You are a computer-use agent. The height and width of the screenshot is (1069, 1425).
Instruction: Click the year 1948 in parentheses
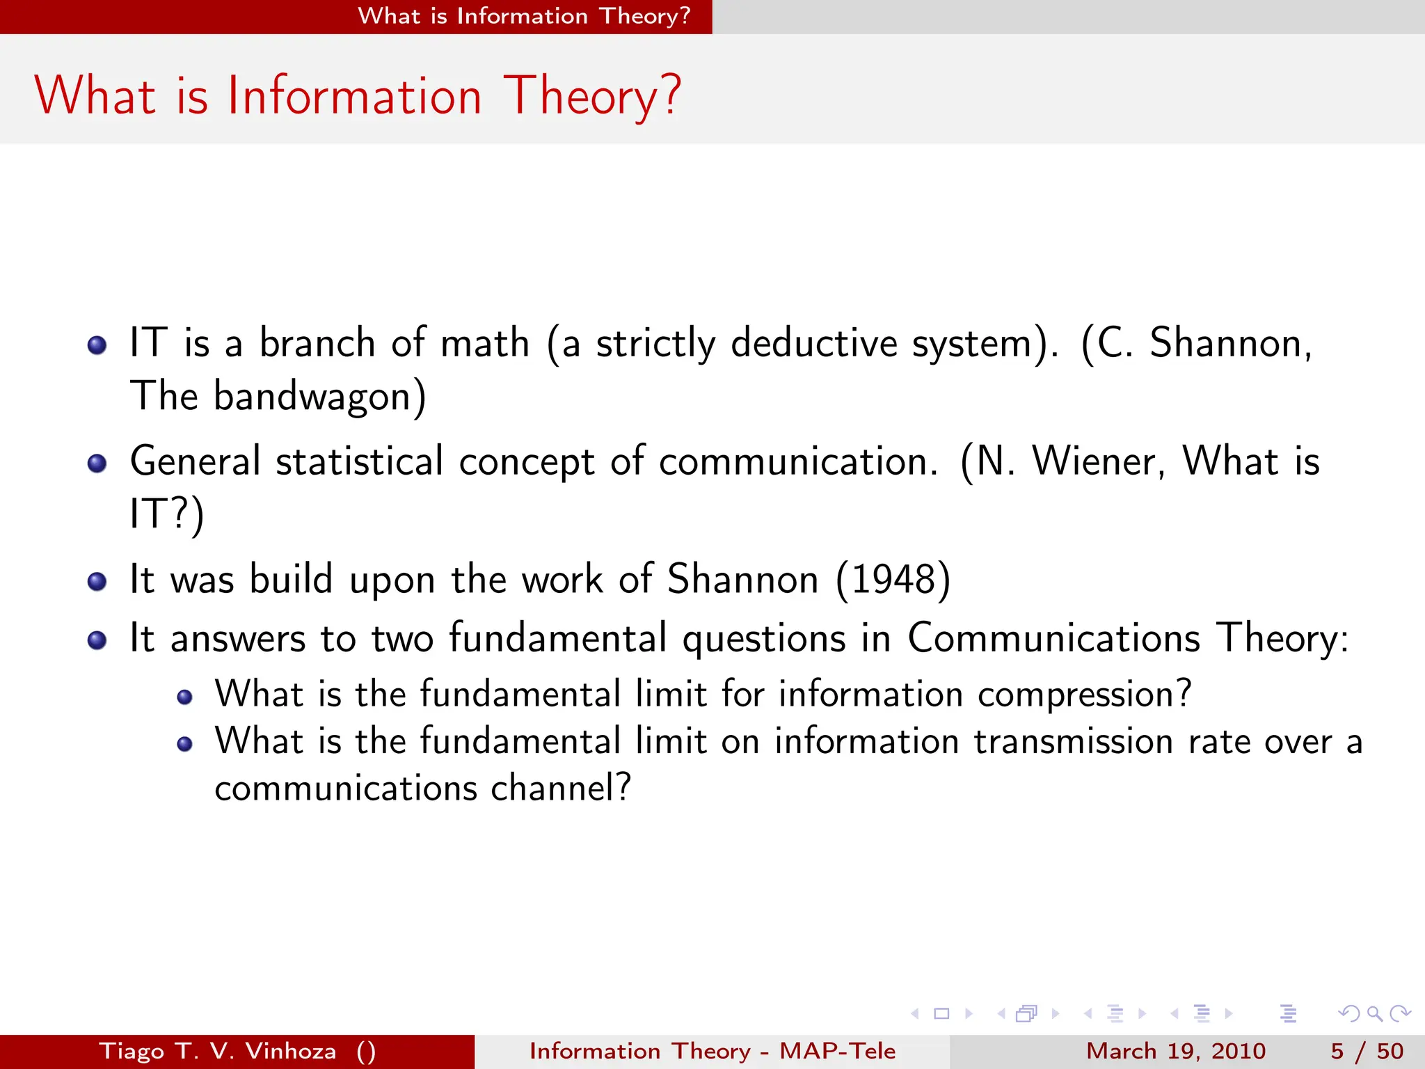pos(893,579)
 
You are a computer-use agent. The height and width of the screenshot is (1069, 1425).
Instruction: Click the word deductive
pos(814,343)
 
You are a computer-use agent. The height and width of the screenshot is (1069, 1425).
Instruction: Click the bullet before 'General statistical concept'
pos(97,464)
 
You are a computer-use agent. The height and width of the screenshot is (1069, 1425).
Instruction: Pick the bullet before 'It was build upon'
pos(97,581)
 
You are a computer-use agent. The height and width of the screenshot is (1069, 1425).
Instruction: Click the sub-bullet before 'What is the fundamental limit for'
pos(184,697)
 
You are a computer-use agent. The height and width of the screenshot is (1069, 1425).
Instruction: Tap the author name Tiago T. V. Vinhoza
pos(218,1051)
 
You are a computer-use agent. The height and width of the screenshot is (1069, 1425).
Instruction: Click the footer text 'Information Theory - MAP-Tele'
pos(712,1051)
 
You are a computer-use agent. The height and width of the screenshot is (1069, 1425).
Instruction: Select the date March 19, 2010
pos(1175,1051)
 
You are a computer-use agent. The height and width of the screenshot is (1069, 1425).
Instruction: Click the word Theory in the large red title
pos(591,96)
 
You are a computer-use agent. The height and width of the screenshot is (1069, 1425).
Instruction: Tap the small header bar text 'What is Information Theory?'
pos(524,16)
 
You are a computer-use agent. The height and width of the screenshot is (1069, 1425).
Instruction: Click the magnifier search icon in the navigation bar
pos(1374,1013)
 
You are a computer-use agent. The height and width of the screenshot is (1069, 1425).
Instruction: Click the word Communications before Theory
pos(1053,638)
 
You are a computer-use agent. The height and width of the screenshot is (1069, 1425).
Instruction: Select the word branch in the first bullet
pos(317,343)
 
